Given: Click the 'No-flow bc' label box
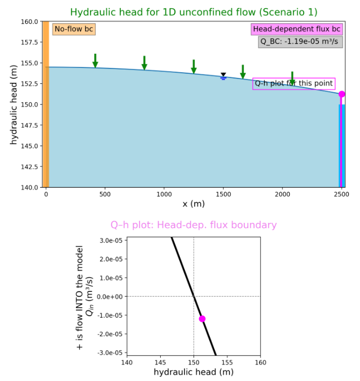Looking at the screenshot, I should tap(74, 29).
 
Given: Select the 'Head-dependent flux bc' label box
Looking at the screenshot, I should tap(297, 29).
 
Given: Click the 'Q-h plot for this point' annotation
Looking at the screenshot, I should tap(294, 83).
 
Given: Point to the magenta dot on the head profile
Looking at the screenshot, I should tap(342, 94).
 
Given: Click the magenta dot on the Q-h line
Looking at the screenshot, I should tap(202, 319).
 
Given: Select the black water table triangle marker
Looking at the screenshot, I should tap(223, 75).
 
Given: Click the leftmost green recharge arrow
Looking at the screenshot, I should tap(95, 61).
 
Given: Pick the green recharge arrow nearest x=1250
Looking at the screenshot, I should tap(194, 66).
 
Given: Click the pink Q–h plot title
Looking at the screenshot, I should tap(193, 225).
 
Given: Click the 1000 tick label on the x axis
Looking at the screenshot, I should tap(164, 193).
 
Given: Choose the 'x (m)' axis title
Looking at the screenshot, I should tap(193, 203).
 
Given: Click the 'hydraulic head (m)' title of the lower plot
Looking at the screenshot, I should tap(193, 372).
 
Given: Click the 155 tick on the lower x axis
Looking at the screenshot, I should tap(227, 362).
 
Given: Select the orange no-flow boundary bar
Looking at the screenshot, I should tap(45, 104).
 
